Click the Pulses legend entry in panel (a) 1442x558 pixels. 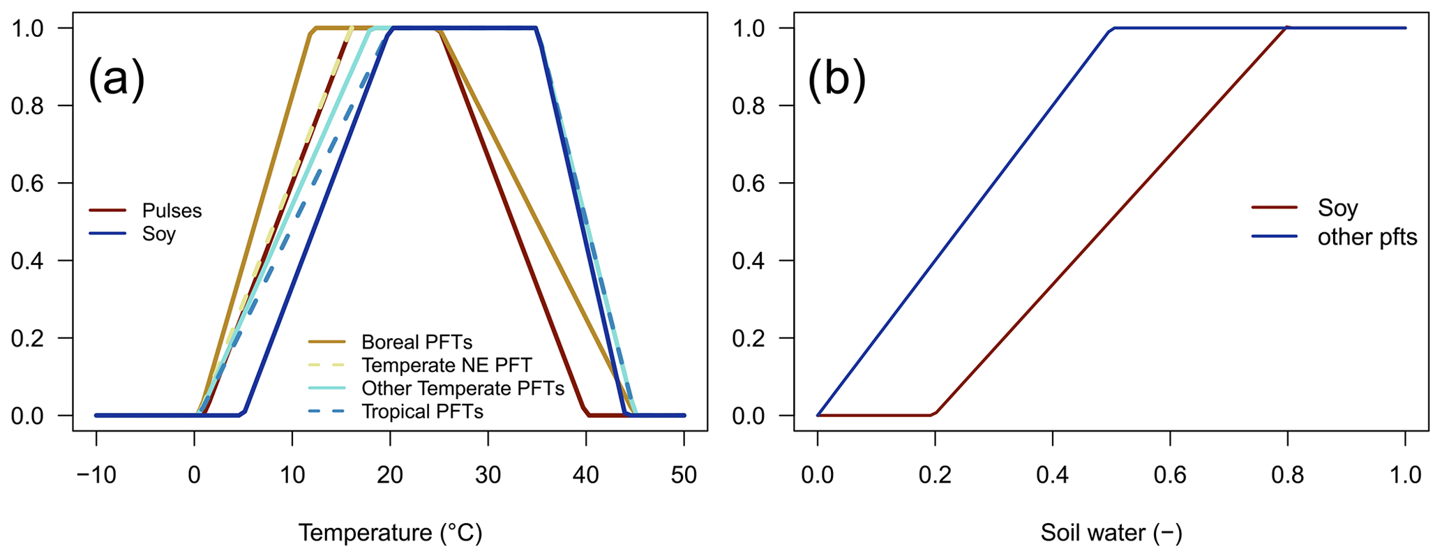(172, 211)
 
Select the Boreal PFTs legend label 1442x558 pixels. (416, 342)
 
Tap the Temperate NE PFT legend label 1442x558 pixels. (446, 365)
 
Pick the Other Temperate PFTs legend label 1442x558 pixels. (463, 389)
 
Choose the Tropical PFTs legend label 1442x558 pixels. (422, 412)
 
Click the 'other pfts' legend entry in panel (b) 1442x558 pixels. (1367, 237)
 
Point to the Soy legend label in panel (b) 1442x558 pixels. (1337, 208)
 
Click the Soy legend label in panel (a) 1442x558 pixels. (159, 234)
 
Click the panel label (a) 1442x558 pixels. (117, 79)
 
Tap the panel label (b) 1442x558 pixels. (836, 79)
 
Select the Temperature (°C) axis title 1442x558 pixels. (390, 533)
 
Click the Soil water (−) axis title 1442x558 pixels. (1111, 533)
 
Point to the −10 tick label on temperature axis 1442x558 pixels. (96, 475)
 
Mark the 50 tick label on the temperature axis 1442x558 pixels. (684, 475)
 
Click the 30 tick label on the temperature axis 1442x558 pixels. (488, 475)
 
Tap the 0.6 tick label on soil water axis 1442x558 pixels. (1170, 475)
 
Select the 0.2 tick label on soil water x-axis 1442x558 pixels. (935, 475)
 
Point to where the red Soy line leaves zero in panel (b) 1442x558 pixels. (933, 414)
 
